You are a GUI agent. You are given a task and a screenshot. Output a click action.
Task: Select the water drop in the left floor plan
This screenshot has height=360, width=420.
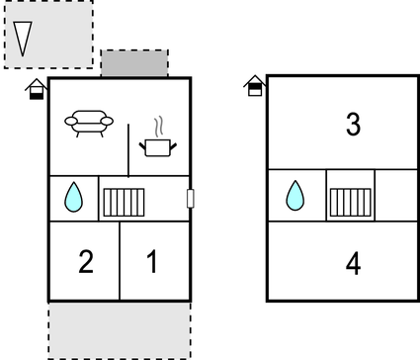[74, 198]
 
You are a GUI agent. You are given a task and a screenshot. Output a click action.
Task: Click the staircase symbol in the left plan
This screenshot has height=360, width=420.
[125, 201]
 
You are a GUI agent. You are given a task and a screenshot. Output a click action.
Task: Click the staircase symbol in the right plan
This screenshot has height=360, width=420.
[350, 200]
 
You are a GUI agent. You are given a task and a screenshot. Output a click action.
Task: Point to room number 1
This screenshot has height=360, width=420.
[152, 262]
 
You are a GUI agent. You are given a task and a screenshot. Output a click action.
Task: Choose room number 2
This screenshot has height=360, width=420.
[86, 262]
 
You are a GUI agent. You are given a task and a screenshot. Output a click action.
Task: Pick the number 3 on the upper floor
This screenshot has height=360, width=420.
[353, 125]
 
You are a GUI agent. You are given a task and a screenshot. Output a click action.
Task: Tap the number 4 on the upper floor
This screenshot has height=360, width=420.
[353, 264]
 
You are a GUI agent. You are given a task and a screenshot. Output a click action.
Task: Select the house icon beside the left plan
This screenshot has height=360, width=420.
[37, 90]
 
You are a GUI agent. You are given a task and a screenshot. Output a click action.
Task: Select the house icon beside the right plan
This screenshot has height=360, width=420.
[255, 85]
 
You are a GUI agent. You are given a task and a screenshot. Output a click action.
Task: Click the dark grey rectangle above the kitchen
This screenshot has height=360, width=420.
[134, 64]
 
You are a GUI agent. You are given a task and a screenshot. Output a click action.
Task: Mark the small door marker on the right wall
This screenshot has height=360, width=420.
[191, 199]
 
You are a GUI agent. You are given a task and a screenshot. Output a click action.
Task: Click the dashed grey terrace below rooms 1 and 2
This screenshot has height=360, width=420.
[119, 329]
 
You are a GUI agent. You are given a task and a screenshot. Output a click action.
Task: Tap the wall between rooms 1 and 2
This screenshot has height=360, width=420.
[120, 260]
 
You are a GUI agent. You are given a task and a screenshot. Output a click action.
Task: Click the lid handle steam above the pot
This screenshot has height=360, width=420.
[157, 127]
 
